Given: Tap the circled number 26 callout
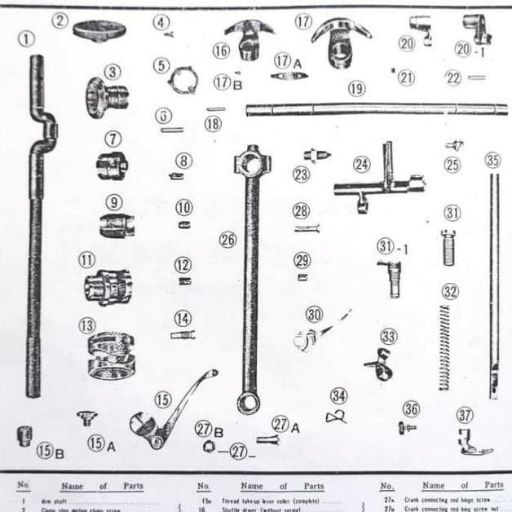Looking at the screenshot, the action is click(227, 239).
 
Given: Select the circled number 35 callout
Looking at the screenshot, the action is click(492, 161).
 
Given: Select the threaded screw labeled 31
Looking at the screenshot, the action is click(448, 248).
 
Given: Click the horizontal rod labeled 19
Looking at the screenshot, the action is click(375, 108).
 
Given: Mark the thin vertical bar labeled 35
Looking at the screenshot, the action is click(493, 285).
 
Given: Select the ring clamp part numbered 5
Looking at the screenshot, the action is click(183, 81).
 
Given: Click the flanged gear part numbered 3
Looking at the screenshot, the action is click(104, 96).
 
